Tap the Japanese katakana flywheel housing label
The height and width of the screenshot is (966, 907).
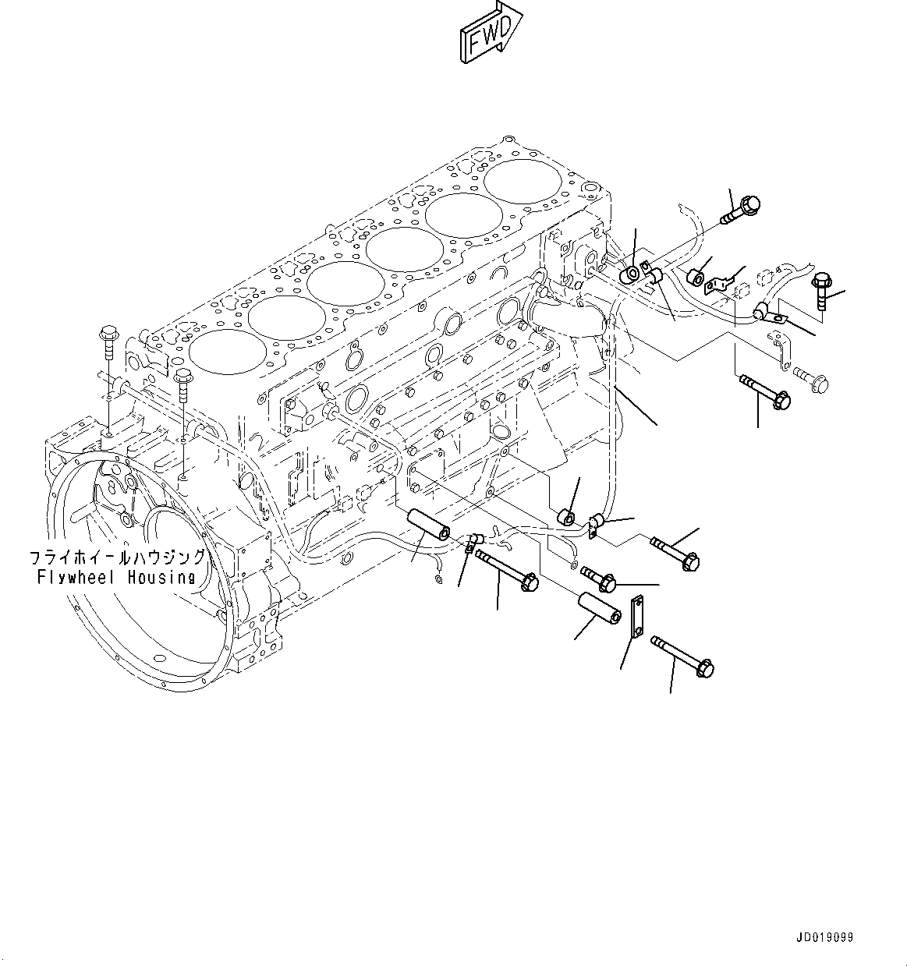117,557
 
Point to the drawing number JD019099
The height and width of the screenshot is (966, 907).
825,936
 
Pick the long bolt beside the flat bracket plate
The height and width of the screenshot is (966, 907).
682,656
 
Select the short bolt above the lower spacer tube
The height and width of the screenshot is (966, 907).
599,579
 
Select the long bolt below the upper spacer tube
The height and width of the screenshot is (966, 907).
507,569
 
